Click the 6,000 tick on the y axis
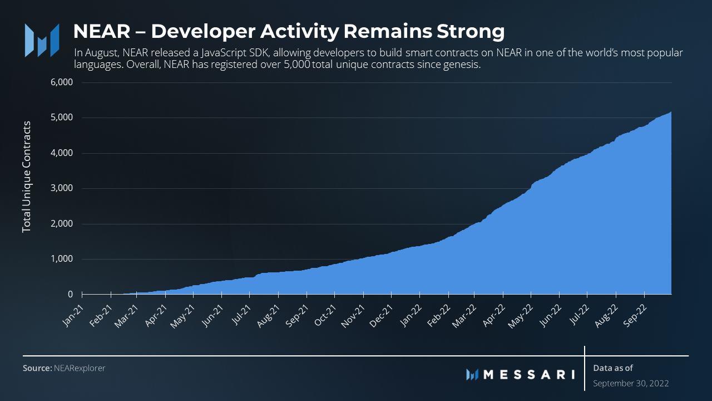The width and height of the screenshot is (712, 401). [x=62, y=82]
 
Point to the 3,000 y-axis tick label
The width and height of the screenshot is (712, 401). [x=62, y=188]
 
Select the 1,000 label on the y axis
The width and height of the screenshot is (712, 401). [x=62, y=259]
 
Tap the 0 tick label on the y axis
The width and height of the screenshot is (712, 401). [x=70, y=294]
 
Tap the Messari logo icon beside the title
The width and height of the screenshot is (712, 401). [x=42, y=40]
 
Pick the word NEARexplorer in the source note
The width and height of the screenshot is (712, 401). [x=80, y=368]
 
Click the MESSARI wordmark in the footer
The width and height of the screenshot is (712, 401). [x=528, y=374]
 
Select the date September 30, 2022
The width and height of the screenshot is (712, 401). [x=631, y=383]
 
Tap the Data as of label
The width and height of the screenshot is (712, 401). [x=613, y=368]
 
